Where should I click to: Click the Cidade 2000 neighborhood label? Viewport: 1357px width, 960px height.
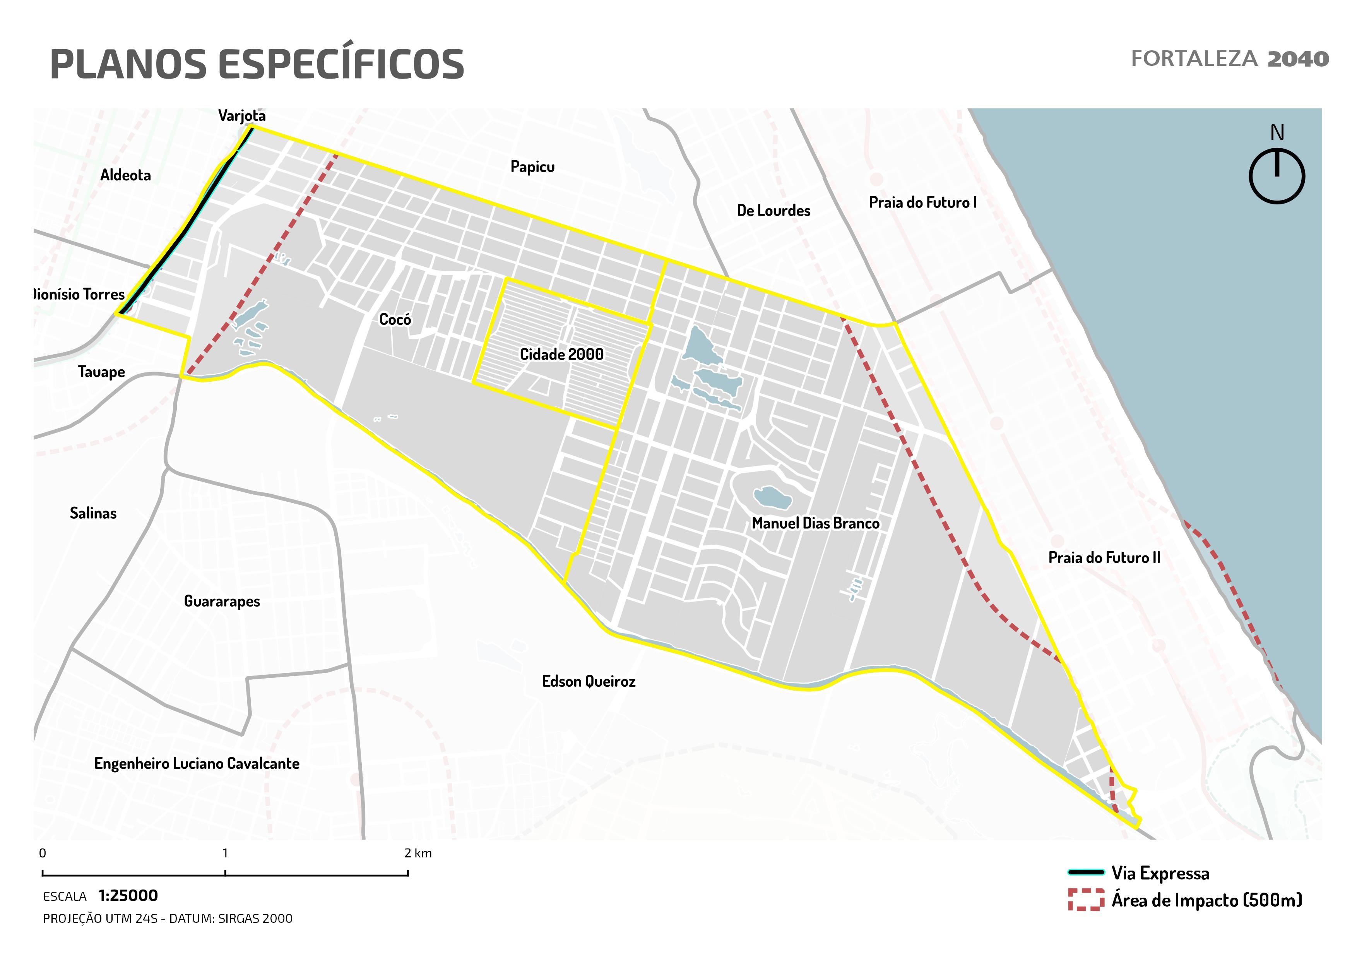(x=561, y=355)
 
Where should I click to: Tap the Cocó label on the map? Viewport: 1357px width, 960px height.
(x=395, y=320)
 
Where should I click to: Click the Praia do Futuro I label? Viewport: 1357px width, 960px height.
(x=922, y=203)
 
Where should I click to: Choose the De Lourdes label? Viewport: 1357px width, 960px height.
(x=773, y=211)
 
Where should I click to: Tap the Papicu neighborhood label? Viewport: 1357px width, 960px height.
(x=532, y=167)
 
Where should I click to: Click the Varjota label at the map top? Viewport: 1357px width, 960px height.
(x=242, y=116)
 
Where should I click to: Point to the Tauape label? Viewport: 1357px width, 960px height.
(x=102, y=372)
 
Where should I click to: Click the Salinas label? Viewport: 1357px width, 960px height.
(x=93, y=513)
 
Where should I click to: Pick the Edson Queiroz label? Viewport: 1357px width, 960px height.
(x=588, y=682)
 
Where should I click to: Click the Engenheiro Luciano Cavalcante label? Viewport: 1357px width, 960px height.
(x=197, y=764)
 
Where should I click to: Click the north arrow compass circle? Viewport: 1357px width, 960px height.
(x=1277, y=176)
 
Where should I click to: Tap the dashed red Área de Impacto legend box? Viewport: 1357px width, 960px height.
(x=1086, y=899)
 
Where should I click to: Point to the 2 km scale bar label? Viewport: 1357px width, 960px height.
(x=418, y=854)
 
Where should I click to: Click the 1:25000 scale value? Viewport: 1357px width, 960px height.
(x=128, y=896)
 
